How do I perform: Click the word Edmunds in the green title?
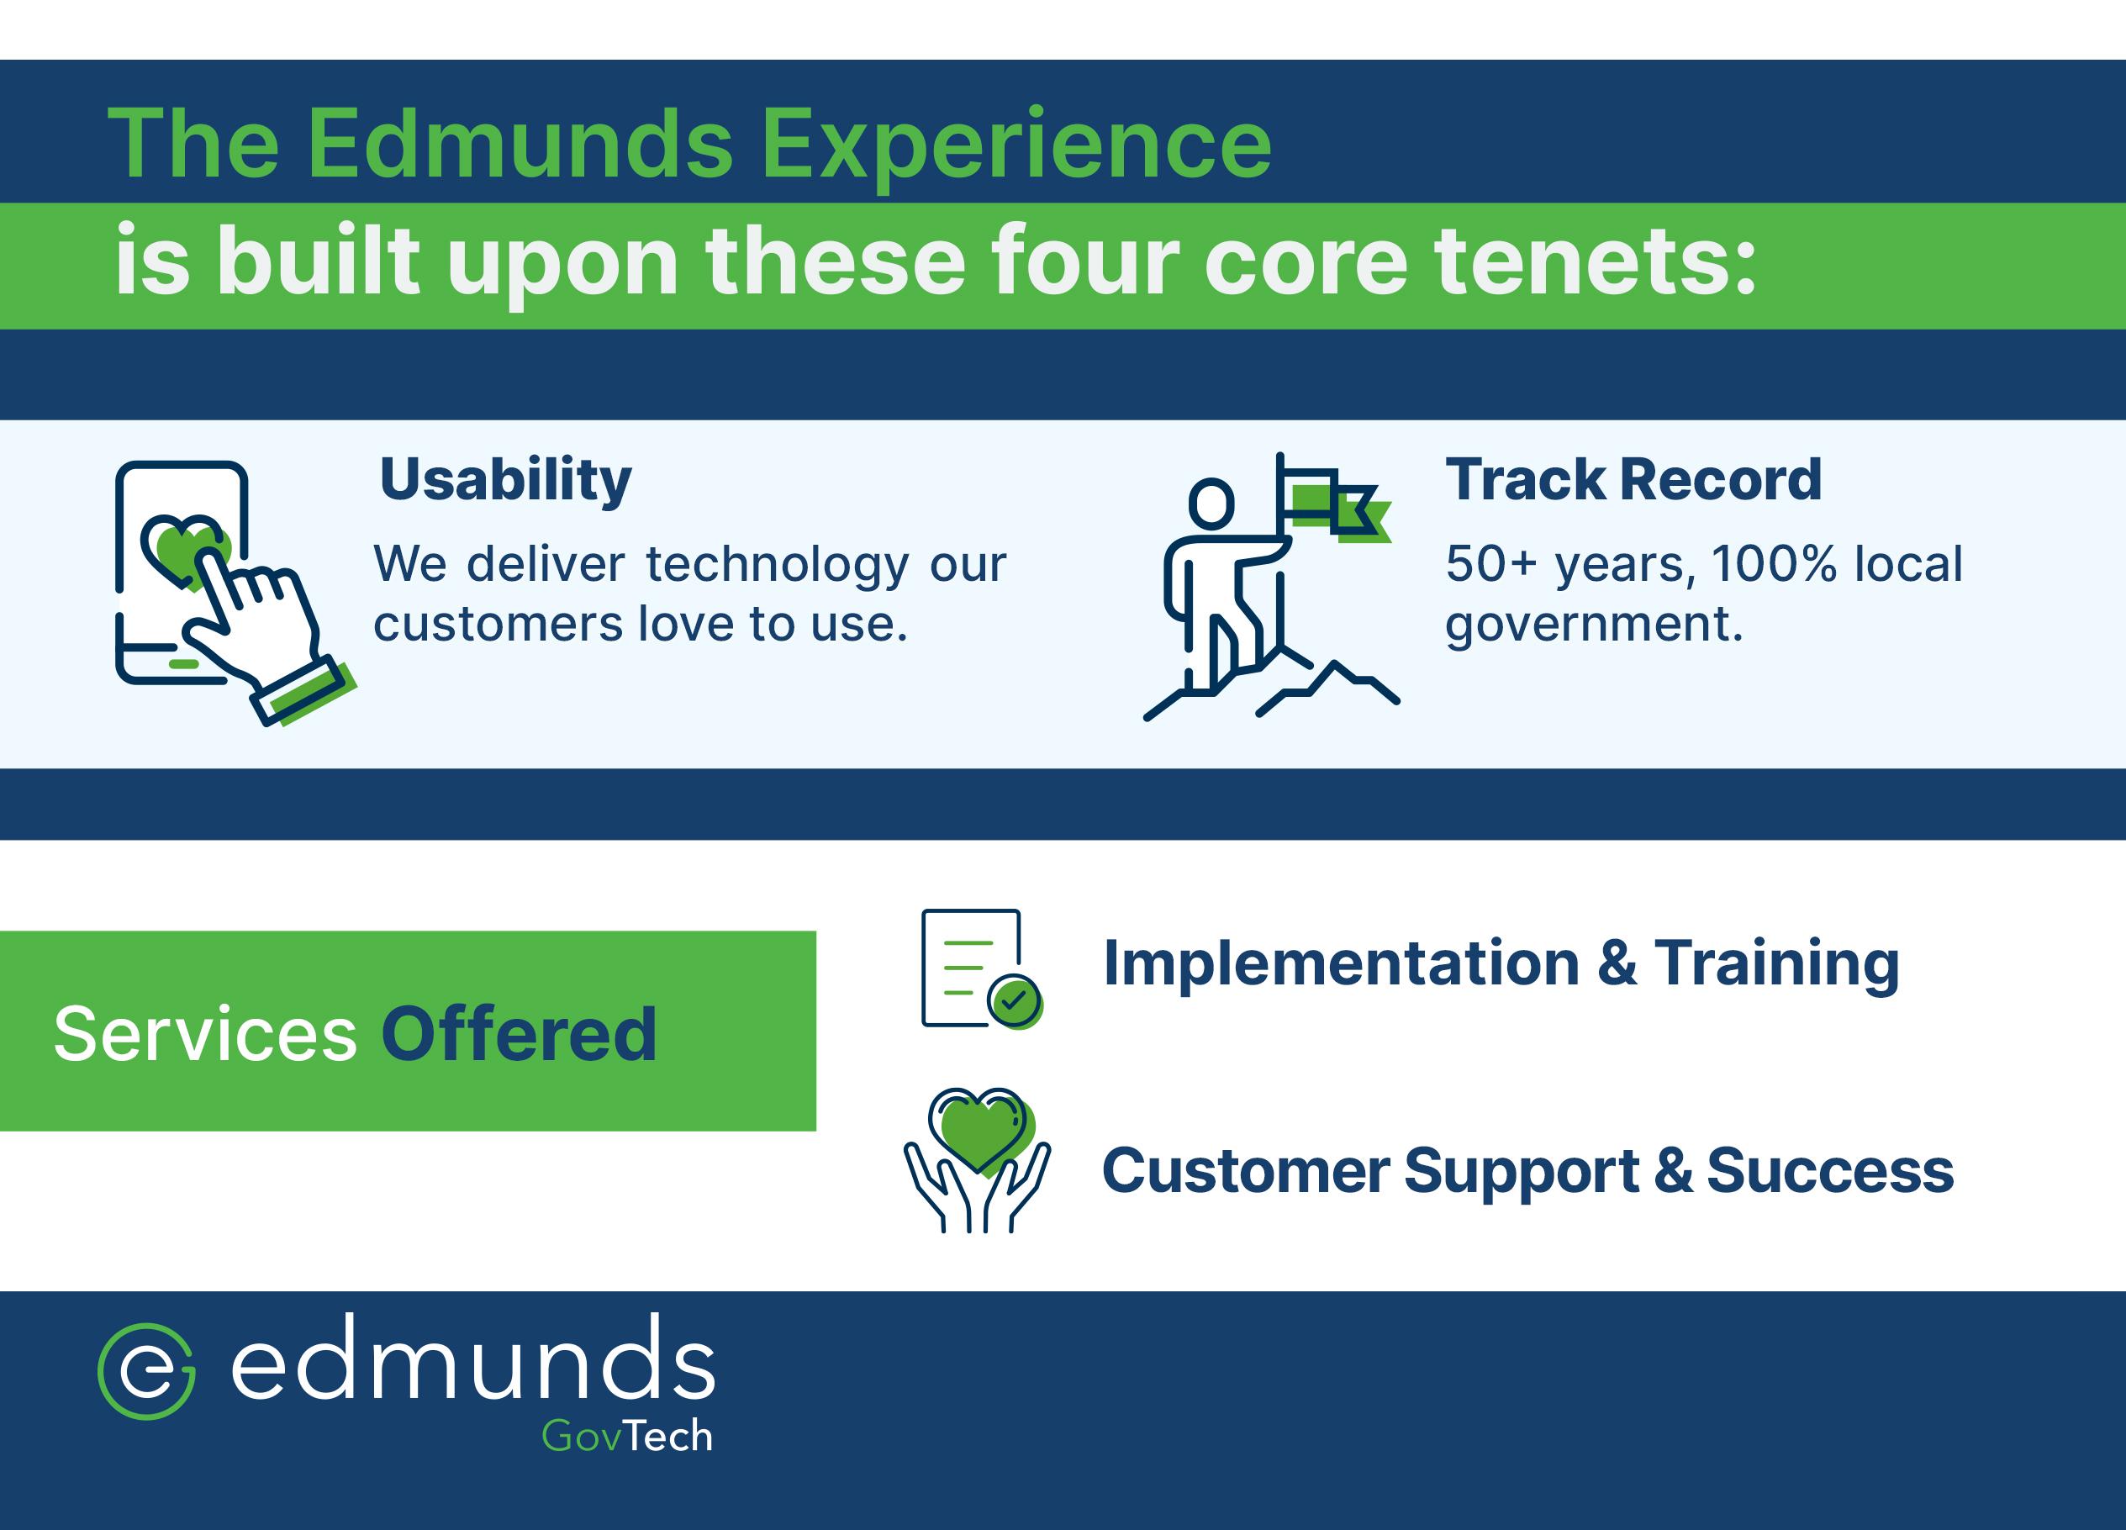click(520, 145)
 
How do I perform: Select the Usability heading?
click(505, 480)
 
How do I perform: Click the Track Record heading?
click(1633, 480)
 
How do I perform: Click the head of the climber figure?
click(1211, 504)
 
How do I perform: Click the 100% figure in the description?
click(1773, 564)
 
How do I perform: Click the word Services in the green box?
click(205, 1034)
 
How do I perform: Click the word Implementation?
click(1342, 963)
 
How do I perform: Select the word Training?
click(1776, 963)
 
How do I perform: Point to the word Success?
click(1830, 1171)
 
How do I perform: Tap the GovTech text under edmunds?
click(627, 1436)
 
